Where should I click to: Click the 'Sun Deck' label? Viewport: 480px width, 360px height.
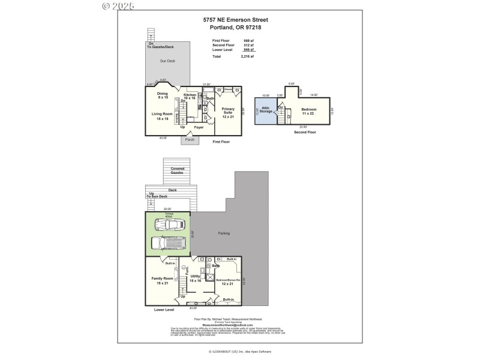pyautogui.click(x=167, y=61)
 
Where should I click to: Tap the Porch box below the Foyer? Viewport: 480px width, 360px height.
pyautogui.click(x=190, y=140)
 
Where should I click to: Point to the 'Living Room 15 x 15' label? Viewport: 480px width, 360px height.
pyautogui.click(x=163, y=115)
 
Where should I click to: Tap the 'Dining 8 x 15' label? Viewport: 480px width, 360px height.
pyautogui.click(x=163, y=95)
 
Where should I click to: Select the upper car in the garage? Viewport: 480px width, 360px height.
pyautogui.click(x=169, y=225)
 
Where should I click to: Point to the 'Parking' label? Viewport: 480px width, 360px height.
pyautogui.click(x=224, y=233)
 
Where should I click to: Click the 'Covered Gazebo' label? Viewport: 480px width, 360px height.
pyautogui.click(x=177, y=171)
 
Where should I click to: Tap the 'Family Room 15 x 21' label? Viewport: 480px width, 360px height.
pyautogui.click(x=163, y=280)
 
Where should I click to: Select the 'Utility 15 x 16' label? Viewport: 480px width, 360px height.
pyautogui.click(x=196, y=278)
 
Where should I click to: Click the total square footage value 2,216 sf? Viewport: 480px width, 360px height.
pyautogui.click(x=248, y=56)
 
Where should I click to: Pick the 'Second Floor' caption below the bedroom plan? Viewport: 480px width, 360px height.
pyautogui.click(x=304, y=132)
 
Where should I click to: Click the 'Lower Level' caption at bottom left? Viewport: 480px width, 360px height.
pyautogui.click(x=164, y=310)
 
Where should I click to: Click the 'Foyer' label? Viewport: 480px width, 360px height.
pyautogui.click(x=199, y=127)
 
